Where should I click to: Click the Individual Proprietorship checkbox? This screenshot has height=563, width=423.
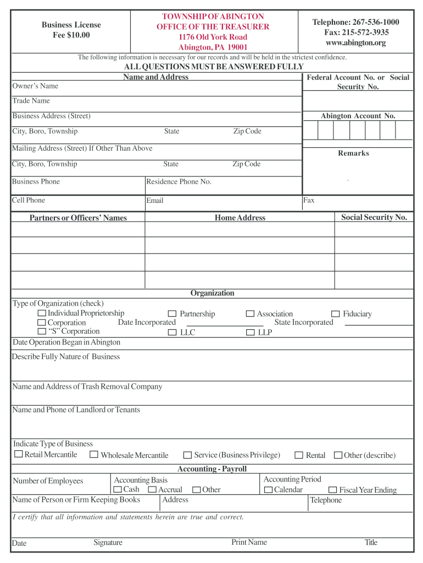tap(41, 313)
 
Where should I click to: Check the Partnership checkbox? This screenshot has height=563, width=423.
tap(172, 314)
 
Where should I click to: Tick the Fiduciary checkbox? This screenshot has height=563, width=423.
tap(335, 314)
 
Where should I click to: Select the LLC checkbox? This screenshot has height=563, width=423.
tap(172, 333)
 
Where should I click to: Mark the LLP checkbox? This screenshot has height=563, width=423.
tap(250, 333)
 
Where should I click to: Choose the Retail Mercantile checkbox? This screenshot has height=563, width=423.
tap(18, 455)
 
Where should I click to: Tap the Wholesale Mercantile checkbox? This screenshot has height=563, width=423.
tap(94, 455)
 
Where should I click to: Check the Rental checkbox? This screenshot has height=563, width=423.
tap(299, 455)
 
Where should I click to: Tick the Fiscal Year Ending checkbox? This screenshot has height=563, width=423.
tap(332, 490)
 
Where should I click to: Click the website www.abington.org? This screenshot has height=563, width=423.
tap(355, 43)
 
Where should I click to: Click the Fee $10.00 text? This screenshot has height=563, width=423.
tap(71, 35)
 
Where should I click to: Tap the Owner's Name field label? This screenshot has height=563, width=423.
tap(35, 86)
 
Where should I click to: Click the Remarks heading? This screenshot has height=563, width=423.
tap(353, 153)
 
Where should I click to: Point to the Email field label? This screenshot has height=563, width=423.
tap(155, 201)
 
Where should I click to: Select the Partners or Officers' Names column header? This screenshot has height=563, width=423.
tap(78, 218)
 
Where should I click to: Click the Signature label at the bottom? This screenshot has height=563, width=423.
tap(108, 543)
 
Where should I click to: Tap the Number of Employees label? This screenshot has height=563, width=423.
tap(48, 481)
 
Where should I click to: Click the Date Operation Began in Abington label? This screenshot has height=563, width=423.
tap(66, 342)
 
